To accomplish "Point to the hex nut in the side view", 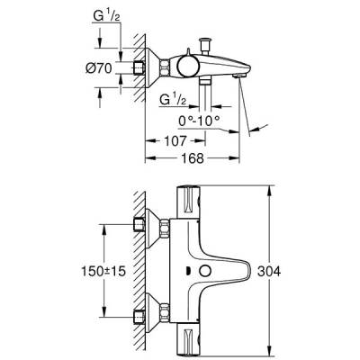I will (x=139, y=69).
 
